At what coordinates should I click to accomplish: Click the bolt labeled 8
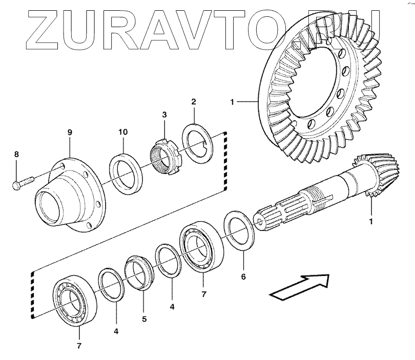coord(22,181)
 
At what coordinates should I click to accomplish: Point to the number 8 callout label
coord(16,154)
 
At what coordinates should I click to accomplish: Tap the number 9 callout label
coord(70,133)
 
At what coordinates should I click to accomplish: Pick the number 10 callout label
coord(123,133)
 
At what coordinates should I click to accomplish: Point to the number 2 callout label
coord(193,102)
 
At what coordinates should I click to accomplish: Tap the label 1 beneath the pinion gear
coord(371,222)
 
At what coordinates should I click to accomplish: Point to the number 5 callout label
coord(144,319)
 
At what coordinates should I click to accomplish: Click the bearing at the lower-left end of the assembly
coord(75,302)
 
